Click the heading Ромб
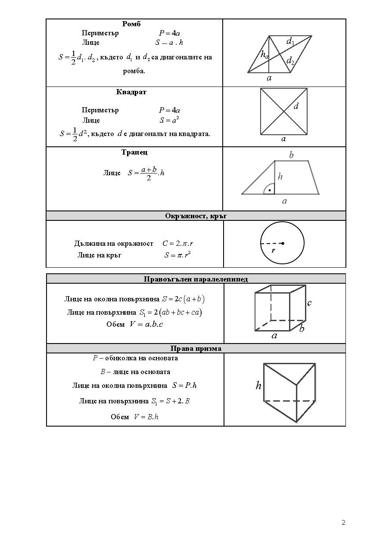[131, 24]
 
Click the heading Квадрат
[131, 92]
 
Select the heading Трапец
[134, 152]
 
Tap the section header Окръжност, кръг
[196, 216]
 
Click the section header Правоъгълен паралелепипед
[196, 279]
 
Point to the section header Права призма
[196, 348]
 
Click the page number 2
[343, 523]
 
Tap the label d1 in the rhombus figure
[290, 41]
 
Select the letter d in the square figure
[296, 105]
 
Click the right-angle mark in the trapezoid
[269, 189]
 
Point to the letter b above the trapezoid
[291, 155]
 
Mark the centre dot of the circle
[283, 244]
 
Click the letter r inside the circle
[273, 250]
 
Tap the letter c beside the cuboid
[309, 303]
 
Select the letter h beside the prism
[258, 386]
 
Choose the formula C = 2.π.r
[177, 244]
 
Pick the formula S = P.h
[184, 385]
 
